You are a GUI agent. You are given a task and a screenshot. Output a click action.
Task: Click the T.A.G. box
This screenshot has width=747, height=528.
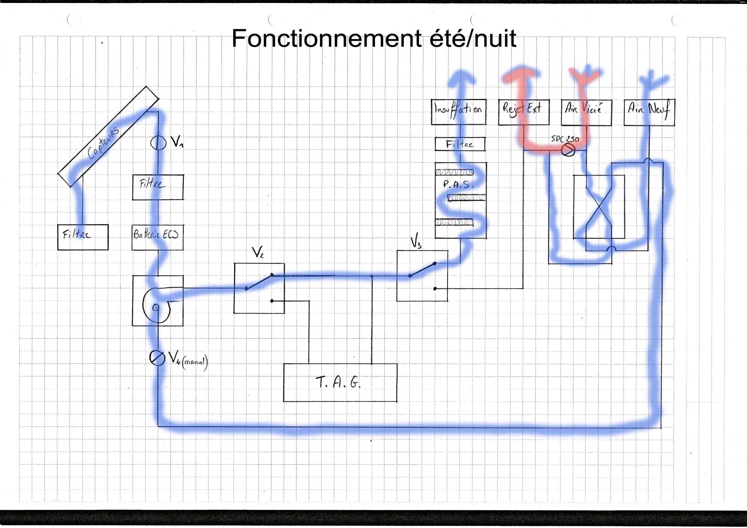pyautogui.click(x=340, y=383)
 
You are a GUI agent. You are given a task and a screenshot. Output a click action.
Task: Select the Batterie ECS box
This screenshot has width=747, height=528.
pyautogui.click(x=157, y=237)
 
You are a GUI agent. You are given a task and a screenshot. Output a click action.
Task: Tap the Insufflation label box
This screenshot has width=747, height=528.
pyautogui.click(x=458, y=112)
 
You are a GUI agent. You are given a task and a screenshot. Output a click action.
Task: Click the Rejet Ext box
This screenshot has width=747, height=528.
pyautogui.click(x=524, y=112)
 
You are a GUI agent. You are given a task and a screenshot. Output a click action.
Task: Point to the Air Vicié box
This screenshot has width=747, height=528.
pyautogui.click(x=586, y=112)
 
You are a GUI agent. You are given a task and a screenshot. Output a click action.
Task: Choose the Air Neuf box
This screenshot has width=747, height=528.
pyautogui.click(x=649, y=112)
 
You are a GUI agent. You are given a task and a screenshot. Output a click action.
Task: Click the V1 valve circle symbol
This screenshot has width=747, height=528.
pyautogui.click(x=158, y=143)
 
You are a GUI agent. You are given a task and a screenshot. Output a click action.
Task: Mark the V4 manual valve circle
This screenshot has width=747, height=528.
pyautogui.click(x=156, y=358)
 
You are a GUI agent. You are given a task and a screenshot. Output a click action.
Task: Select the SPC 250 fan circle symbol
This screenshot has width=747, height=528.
pyautogui.click(x=568, y=150)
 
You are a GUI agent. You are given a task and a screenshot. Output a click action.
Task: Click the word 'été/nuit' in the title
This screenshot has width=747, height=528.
pyautogui.click(x=472, y=38)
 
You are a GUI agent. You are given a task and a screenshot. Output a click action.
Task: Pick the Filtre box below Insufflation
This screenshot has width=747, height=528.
pyautogui.click(x=460, y=144)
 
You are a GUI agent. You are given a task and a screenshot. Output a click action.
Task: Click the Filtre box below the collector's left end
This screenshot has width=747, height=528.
pyautogui.click(x=83, y=237)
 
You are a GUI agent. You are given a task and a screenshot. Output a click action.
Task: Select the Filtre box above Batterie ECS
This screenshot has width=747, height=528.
pyautogui.click(x=158, y=187)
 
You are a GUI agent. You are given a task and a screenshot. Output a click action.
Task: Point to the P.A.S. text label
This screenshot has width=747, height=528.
pyautogui.click(x=458, y=184)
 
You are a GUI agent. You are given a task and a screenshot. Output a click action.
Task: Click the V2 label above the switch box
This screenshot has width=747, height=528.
pyautogui.click(x=257, y=253)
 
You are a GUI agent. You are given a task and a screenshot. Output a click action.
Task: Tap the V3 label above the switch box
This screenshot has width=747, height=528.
pyautogui.click(x=416, y=242)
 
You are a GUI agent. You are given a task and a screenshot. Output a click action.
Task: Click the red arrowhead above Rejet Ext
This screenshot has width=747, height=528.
pyautogui.click(x=522, y=75)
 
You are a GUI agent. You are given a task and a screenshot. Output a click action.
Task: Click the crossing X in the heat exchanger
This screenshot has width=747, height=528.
pyautogui.click(x=599, y=208)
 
